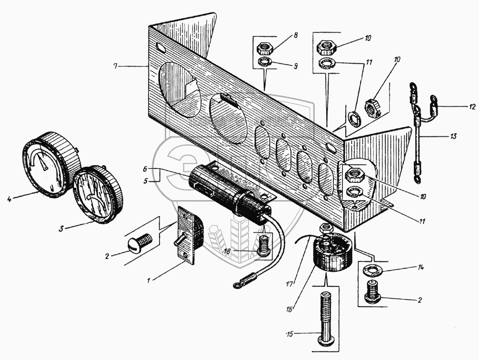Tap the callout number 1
[150, 279]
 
